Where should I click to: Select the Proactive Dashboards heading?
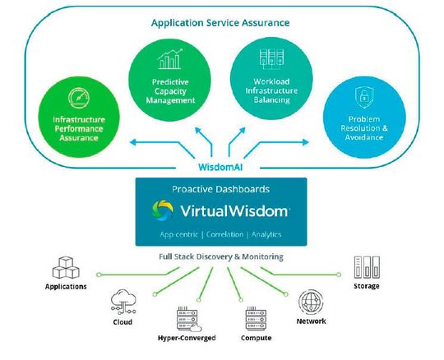(x=220, y=188)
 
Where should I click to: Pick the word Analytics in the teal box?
(x=266, y=235)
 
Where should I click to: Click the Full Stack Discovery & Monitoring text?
(x=220, y=256)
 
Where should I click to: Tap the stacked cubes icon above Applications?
(x=66, y=268)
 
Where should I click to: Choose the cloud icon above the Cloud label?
(x=123, y=300)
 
